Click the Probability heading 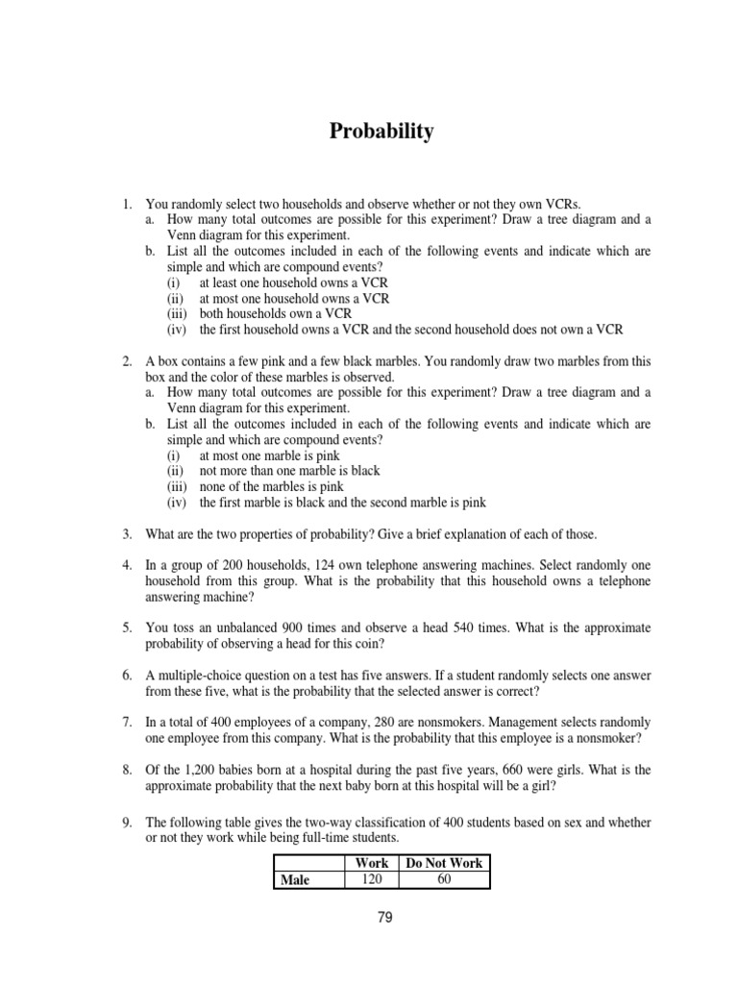(381, 132)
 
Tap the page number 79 (384, 917)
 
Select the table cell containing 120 (372, 878)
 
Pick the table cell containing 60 (443, 878)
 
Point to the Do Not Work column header (444, 863)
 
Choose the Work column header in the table (372, 863)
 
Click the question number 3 (127, 533)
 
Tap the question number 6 (127, 676)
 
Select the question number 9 (127, 823)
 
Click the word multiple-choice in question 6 (203, 676)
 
